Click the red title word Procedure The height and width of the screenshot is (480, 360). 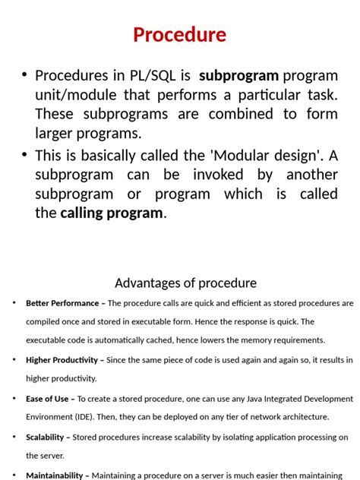(179, 35)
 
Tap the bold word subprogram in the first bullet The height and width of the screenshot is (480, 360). (238, 76)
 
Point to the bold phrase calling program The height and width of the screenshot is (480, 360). (112, 213)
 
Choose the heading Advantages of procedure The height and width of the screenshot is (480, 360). (185, 283)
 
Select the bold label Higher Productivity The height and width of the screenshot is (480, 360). (62, 360)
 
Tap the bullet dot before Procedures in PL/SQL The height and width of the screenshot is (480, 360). (24, 74)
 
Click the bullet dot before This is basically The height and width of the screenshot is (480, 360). (24, 154)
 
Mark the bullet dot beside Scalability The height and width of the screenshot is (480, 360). (14, 437)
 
